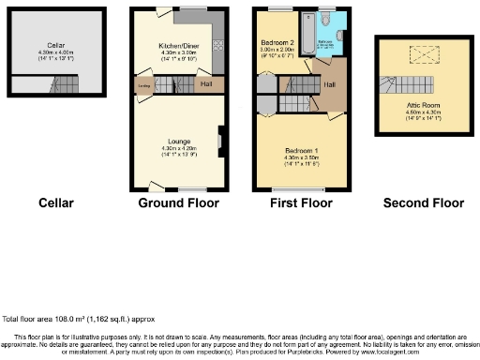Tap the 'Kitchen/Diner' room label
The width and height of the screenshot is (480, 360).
177,44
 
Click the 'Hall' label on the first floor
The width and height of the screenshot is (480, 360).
330,85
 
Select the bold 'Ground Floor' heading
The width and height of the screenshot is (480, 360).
178,202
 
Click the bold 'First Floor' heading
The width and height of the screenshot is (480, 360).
298,202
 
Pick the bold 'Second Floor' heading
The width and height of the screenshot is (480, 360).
423,202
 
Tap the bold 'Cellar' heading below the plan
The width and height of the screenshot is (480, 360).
56,202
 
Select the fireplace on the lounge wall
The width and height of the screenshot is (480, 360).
219,142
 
